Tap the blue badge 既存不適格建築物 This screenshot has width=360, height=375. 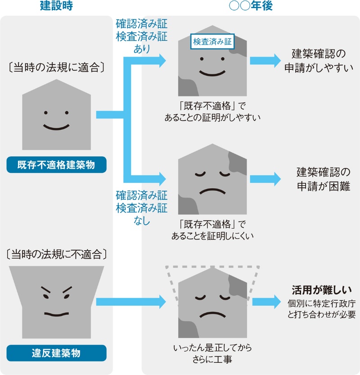click(x=56, y=165)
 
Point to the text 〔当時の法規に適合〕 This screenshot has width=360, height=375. click(x=57, y=67)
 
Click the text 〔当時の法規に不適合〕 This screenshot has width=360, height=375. click(x=57, y=254)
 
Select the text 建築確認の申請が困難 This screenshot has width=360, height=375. click(x=318, y=179)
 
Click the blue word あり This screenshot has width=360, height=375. click(x=142, y=48)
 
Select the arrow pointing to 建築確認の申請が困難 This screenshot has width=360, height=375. click(x=265, y=179)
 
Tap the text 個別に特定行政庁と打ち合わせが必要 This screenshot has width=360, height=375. click(x=321, y=308)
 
